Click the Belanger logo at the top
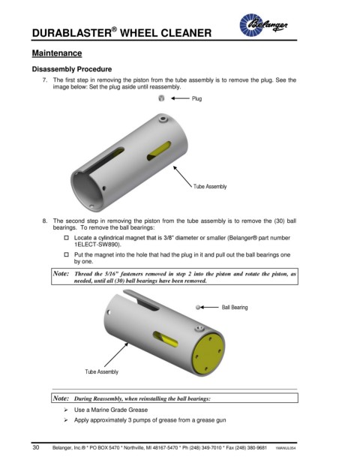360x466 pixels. pos(263,25)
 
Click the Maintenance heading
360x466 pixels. pos(57,53)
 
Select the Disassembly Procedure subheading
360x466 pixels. pos(72,69)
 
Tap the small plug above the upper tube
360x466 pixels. pos(161,98)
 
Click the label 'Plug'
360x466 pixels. pos(196,98)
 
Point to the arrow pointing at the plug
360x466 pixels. pos(180,98)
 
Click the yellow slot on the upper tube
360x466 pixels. pos(159,151)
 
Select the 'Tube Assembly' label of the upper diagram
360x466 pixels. pos(210,186)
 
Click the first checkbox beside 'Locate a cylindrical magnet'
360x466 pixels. pos(67,238)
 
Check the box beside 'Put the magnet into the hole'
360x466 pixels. pos(67,254)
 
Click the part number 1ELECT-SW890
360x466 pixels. pos(97,245)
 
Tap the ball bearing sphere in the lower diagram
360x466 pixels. pos(198,308)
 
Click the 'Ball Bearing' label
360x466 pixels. pos(235,308)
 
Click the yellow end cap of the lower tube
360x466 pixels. pos(208,353)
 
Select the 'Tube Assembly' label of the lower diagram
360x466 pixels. pos(101,371)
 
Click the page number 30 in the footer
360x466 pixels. pos(36,447)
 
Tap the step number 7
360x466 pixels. pos(45,80)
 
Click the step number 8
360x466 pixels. pos(45,221)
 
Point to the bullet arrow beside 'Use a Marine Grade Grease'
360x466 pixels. pos(66,410)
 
